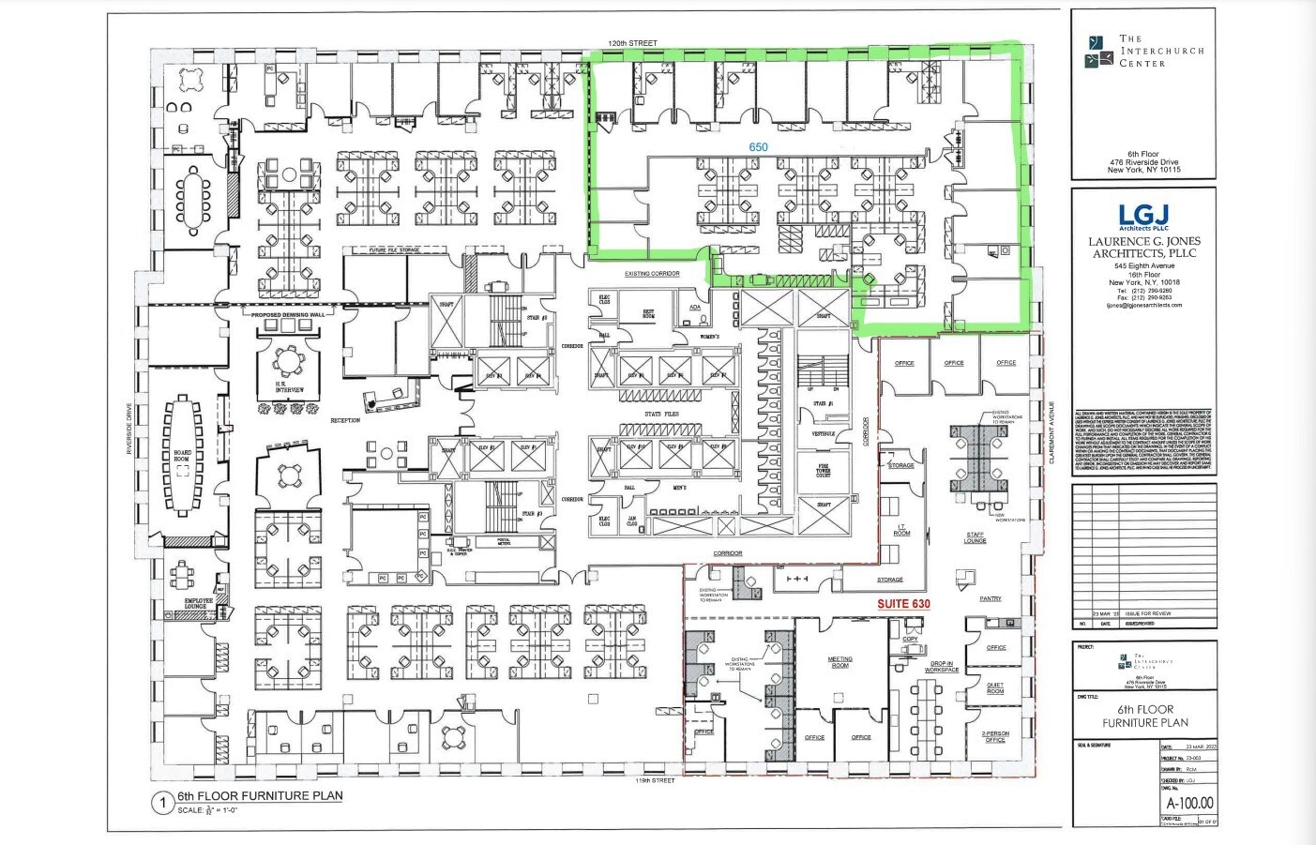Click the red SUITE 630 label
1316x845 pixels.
[x=903, y=604]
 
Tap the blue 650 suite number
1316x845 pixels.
[x=758, y=147]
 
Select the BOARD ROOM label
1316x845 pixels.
[x=182, y=456]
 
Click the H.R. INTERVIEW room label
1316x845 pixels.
[x=289, y=388]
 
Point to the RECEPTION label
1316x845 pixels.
[x=345, y=420]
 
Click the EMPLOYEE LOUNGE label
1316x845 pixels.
[x=196, y=603]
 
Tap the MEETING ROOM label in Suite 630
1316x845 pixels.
[x=840, y=662]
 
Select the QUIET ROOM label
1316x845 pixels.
[x=995, y=687]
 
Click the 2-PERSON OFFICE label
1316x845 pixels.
[x=995, y=736]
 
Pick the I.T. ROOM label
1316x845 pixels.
[x=901, y=531]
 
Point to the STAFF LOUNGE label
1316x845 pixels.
[x=976, y=537]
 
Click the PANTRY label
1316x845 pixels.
[x=991, y=598]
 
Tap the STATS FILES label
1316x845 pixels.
[x=661, y=414]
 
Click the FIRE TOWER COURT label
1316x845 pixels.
[x=823, y=470]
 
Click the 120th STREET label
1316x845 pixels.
[x=632, y=43]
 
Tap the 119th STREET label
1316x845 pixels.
[x=655, y=780]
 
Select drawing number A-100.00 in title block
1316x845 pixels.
[x=1189, y=803]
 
